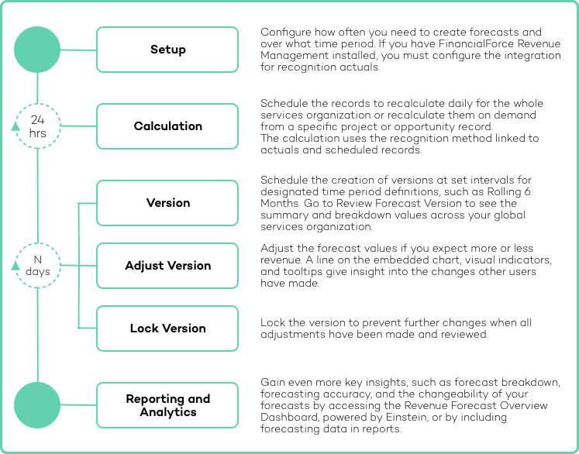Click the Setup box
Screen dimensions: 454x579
coord(167,50)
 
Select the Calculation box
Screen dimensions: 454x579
coord(167,126)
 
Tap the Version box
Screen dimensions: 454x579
coord(167,203)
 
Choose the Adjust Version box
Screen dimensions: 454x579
coord(167,266)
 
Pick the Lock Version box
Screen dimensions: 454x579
coord(167,328)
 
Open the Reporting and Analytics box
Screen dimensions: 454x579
coord(167,405)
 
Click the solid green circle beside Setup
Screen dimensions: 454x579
coord(37,50)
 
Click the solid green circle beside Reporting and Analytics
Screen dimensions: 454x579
coord(37,404)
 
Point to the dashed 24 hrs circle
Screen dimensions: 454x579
coord(38,126)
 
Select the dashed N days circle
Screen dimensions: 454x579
coord(38,266)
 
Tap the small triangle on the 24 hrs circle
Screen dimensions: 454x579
coord(16,127)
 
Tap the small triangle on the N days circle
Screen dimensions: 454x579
coord(16,267)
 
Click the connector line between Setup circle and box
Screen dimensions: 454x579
coord(78,50)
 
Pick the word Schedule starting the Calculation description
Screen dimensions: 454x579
coord(283,103)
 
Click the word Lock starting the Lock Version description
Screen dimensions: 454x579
coord(274,322)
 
